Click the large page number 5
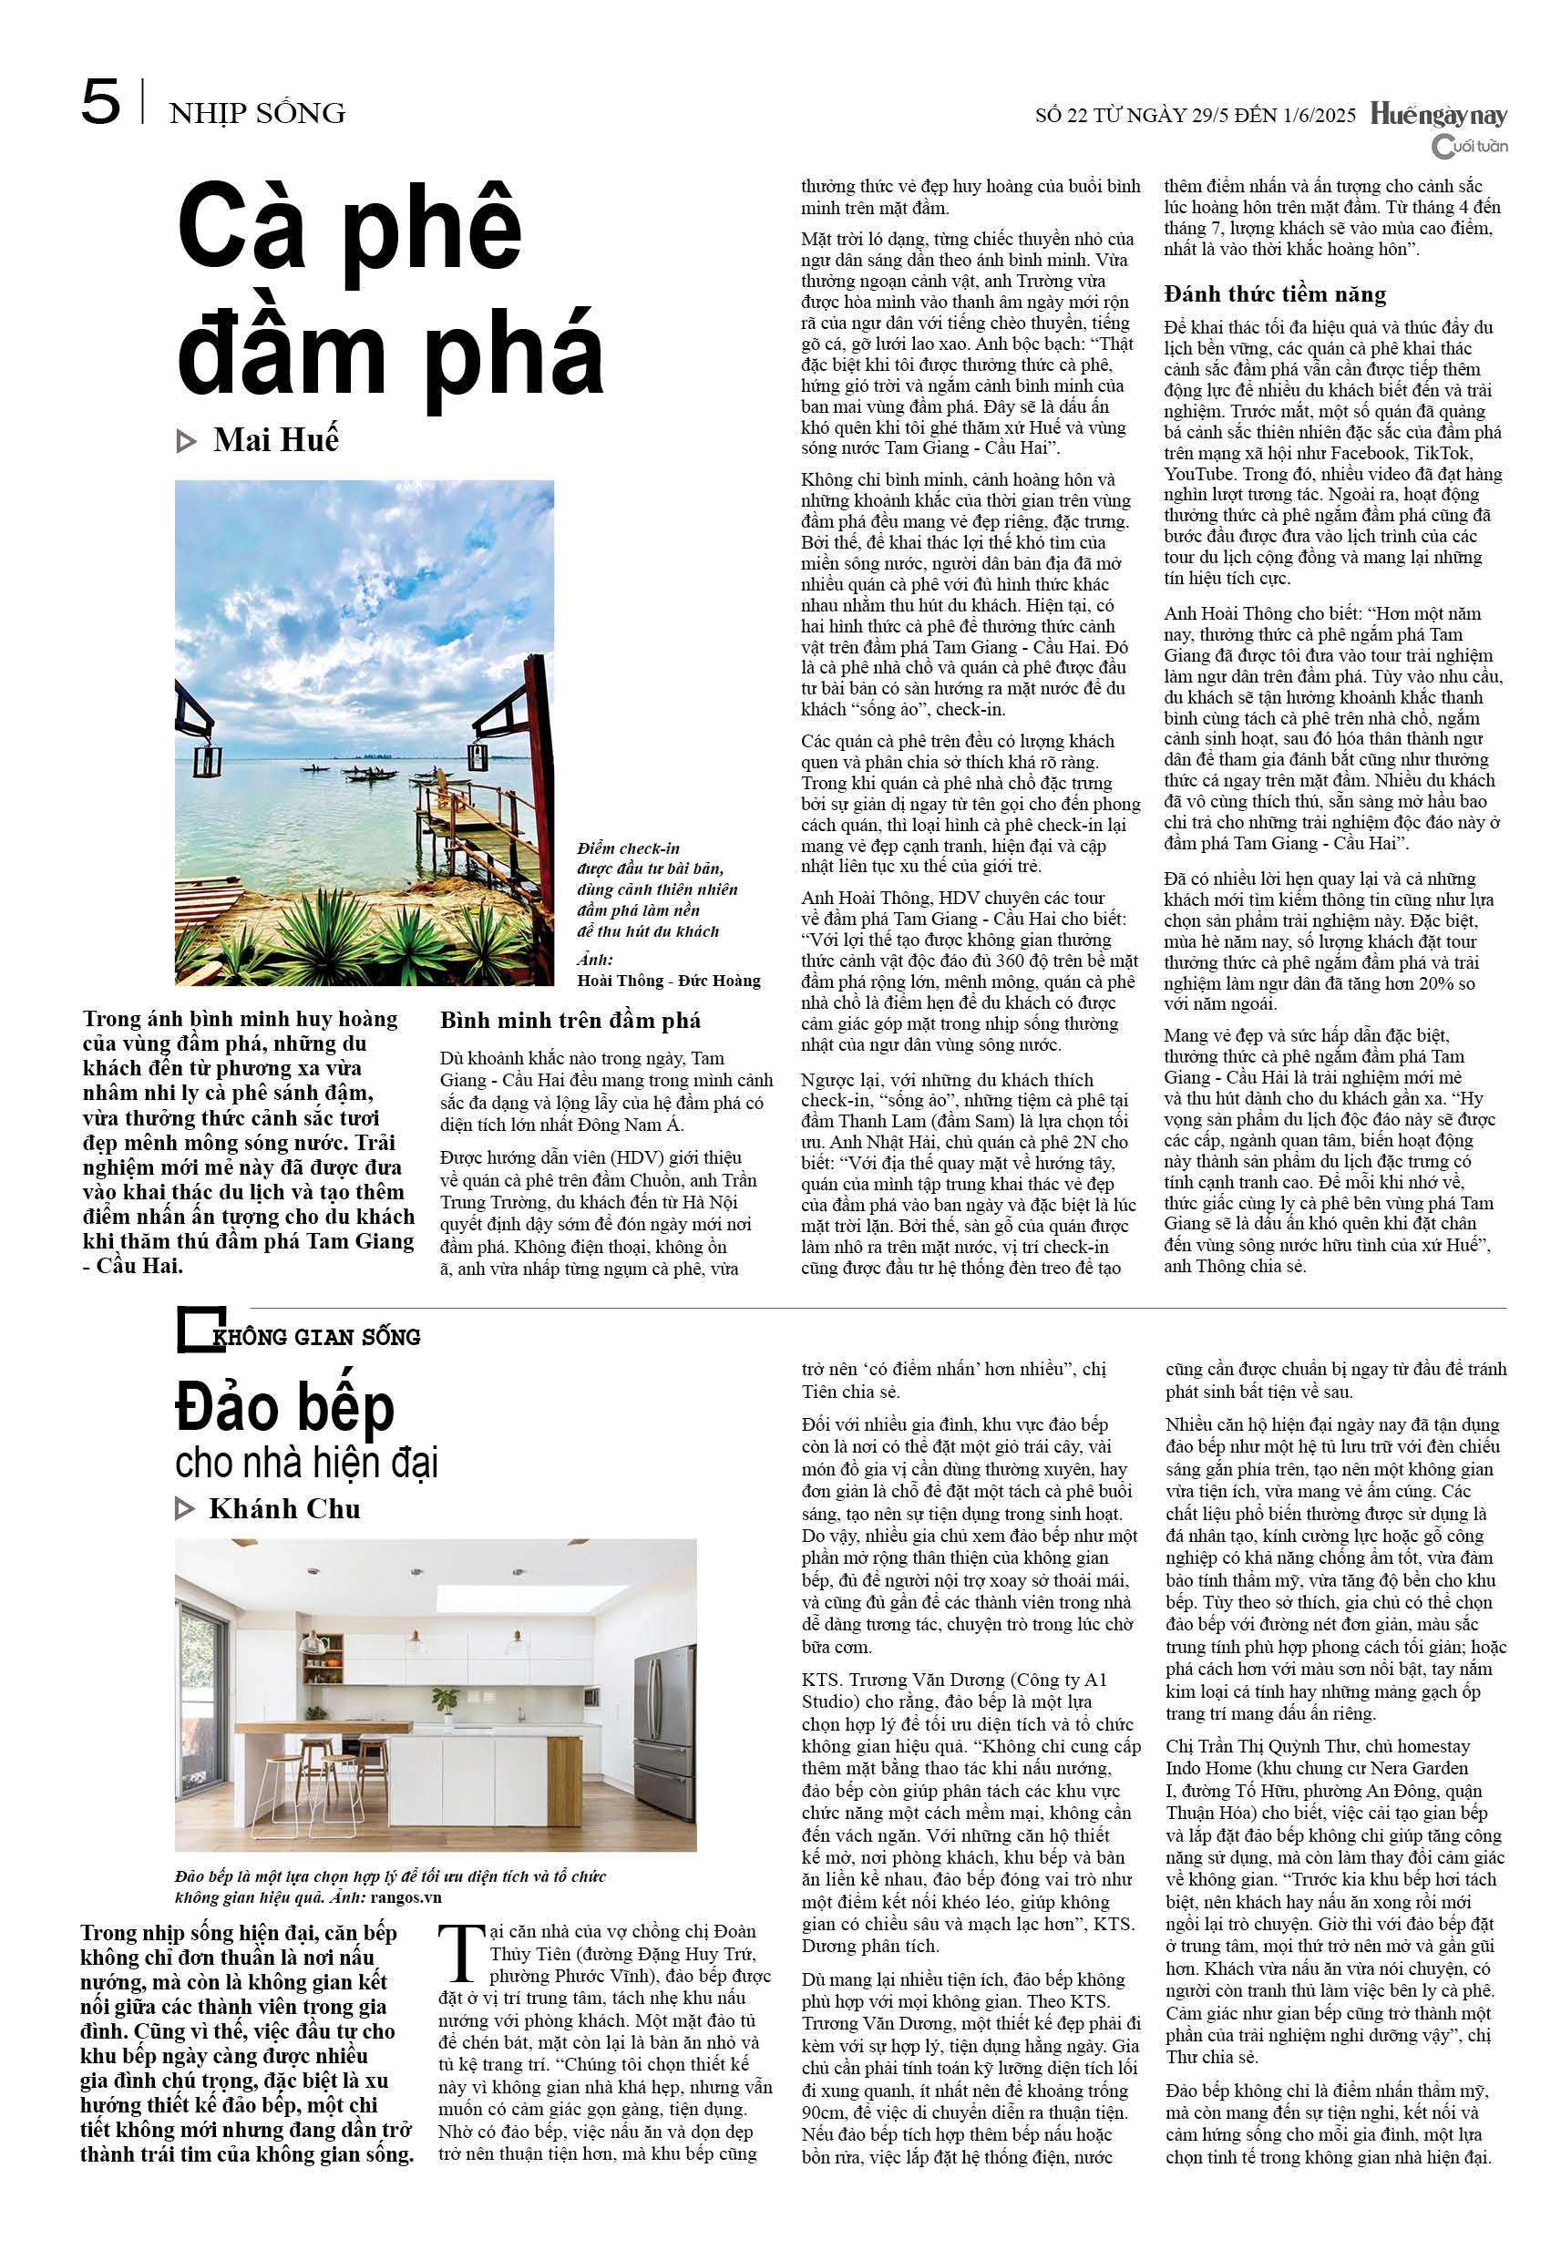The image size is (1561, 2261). pyautogui.click(x=101, y=103)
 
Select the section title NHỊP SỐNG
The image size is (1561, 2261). pyautogui.click(x=257, y=113)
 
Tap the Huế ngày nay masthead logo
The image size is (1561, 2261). pyautogui.click(x=1438, y=116)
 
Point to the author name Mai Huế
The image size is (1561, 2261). pyautogui.click(x=276, y=440)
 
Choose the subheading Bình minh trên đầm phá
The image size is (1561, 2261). pyautogui.click(x=570, y=1020)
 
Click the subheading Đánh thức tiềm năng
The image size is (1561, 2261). pyautogui.click(x=1275, y=294)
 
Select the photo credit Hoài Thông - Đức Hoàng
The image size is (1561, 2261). pyautogui.click(x=669, y=980)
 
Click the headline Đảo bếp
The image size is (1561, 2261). pyautogui.click(x=284, y=1407)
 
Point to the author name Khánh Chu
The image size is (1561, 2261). pyautogui.click(x=284, y=1509)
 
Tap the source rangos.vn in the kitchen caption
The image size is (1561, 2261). pyautogui.click(x=406, y=1897)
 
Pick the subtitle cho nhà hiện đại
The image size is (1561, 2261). pyautogui.click(x=306, y=1464)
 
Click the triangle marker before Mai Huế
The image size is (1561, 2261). pyautogui.click(x=186, y=442)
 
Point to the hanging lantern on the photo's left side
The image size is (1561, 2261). pyautogui.click(x=206, y=758)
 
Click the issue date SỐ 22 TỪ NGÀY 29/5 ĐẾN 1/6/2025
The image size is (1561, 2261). pyautogui.click(x=1196, y=116)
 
